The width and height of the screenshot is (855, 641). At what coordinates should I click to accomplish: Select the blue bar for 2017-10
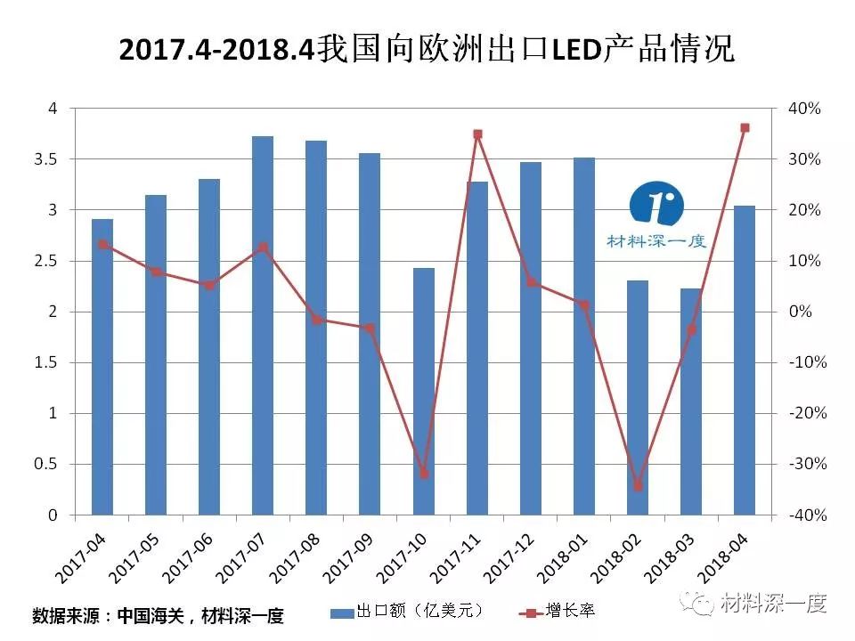423,392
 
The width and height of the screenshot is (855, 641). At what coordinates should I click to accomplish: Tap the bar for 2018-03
691,402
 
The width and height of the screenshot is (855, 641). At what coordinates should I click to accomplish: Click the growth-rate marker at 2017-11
477,134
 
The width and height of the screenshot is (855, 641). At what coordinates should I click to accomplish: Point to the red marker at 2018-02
638,486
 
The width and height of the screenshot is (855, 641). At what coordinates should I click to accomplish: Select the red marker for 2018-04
745,127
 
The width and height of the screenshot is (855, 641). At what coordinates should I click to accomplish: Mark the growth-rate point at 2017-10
424,474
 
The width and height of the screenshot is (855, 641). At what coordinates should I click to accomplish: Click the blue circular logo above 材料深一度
656,205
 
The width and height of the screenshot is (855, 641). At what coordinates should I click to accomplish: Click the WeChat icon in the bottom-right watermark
697,603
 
